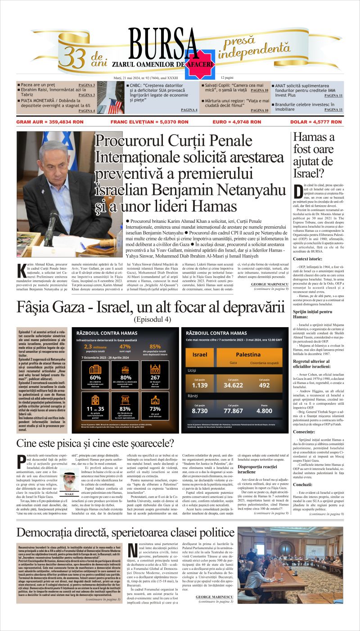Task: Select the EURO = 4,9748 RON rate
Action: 237,122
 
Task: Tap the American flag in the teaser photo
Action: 116,106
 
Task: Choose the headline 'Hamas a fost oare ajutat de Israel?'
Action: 314,155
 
